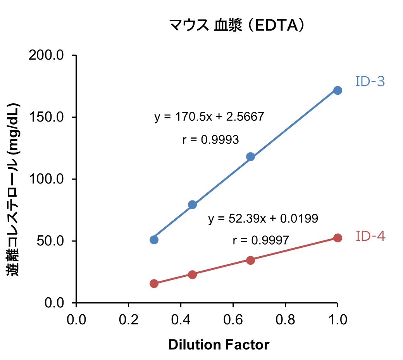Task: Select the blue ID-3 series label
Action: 370,82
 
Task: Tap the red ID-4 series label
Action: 370,236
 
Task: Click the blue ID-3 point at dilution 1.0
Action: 338,90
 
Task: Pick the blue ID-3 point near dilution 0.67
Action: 250,156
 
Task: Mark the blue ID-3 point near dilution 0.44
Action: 193,204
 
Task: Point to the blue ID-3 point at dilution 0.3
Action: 154,240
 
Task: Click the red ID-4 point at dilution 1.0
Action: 338,238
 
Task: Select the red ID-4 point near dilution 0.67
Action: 250,260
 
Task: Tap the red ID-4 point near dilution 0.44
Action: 193,274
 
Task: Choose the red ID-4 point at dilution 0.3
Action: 154,283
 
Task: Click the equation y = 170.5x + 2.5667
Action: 209,117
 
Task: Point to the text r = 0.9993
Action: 210,140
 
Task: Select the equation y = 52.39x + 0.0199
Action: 263,219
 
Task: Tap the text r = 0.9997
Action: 261,240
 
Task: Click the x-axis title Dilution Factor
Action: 219,345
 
